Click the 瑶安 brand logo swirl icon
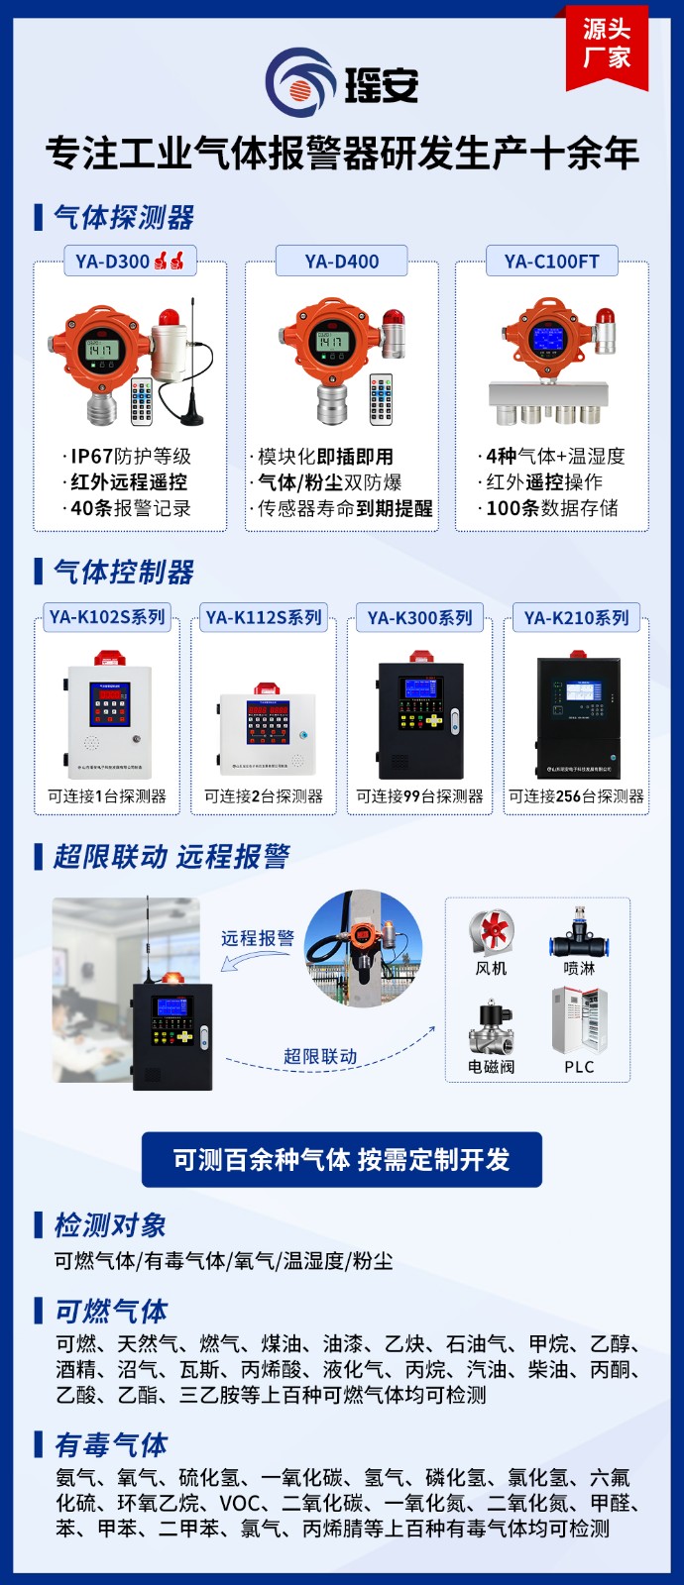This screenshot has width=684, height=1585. coord(300,82)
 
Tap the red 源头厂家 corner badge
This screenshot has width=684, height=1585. coord(607,44)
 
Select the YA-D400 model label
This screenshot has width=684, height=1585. coord(342,262)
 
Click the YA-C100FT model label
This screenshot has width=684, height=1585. coord(552,262)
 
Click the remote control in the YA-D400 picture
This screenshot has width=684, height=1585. coord(381,398)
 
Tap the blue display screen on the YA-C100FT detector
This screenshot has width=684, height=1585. coord(547,340)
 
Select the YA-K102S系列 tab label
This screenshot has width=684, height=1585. coord(107,617)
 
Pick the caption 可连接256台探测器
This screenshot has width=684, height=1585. coord(576,795)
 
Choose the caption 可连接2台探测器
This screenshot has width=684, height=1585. coord(264,795)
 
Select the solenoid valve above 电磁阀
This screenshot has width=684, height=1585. coord(491,1028)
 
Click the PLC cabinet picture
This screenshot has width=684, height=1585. coord(579,1020)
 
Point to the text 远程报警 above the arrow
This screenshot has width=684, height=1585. coord(258,937)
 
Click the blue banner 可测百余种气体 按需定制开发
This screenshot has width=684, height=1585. coord(342,1159)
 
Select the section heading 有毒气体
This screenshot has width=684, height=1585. coord(111,1444)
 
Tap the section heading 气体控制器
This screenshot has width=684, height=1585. coord(124,572)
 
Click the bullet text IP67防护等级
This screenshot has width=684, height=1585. coord(130,456)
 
